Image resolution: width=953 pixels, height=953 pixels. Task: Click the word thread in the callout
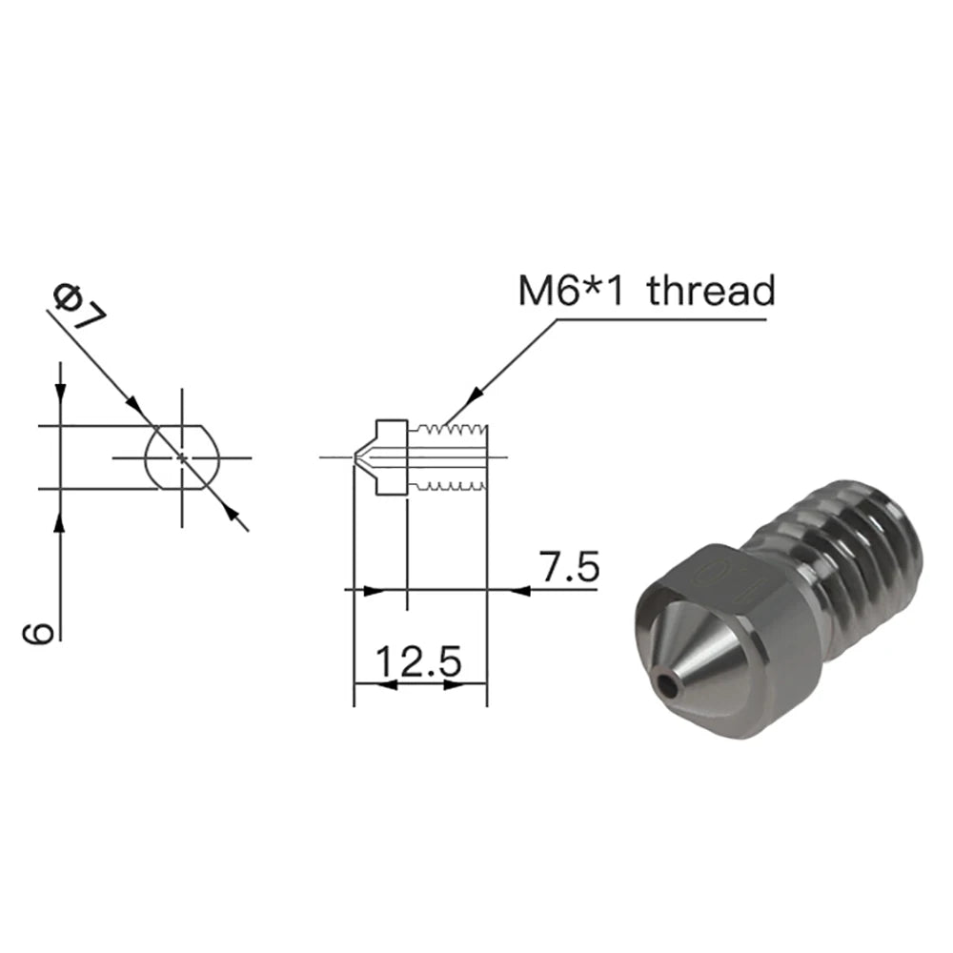click(x=711, y=290)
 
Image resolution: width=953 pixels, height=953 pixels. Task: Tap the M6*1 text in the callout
click(x=570, y=290)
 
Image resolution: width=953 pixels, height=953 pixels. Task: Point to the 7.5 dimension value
click(x=569, y=568)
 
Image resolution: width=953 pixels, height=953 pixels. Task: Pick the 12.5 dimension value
click(x=419, y=660)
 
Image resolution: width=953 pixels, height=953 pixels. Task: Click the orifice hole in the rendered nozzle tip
click(x=672, y=683)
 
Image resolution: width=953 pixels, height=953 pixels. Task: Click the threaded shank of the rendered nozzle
click(x=858, y=562)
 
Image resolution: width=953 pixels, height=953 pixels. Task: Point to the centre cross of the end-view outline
click(x=181, y=457)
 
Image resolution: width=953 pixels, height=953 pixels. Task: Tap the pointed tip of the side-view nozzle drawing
click(x=355, y=457)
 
